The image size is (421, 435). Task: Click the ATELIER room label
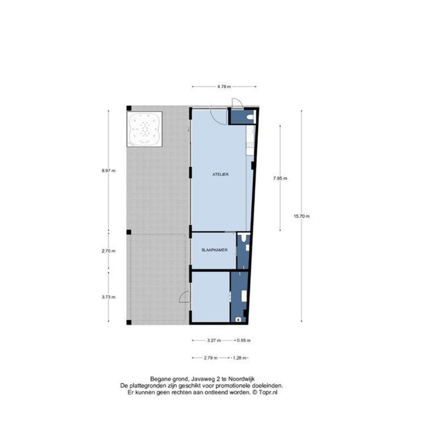(x=220, y=175)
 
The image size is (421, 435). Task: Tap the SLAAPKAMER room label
(x=214, y=250)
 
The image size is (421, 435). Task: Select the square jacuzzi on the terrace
(x=144, y=129)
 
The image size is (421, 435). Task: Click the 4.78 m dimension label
(x=224, y=87)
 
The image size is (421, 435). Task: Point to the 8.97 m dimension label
(x=108, y=171)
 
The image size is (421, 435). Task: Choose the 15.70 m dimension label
(x=302, y=216)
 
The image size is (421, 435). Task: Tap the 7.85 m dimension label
(x=280, y=178)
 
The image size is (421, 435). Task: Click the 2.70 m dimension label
(x=108, y=251)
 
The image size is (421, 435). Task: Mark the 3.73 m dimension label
(x=108, y=297)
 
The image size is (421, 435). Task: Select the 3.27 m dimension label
(x=214, y=340)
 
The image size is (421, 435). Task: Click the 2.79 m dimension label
(x=210, y=358)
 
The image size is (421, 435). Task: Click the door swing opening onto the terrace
(x=184, y=297)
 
